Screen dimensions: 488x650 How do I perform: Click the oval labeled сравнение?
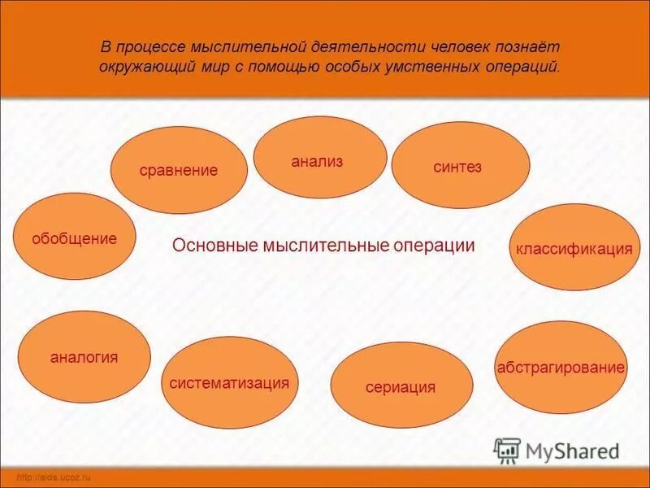179,170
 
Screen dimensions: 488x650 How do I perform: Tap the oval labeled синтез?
460,166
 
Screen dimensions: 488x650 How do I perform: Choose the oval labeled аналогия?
84,356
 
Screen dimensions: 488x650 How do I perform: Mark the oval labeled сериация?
401,386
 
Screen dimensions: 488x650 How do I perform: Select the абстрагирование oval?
561,367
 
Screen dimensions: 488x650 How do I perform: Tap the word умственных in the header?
435,67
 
